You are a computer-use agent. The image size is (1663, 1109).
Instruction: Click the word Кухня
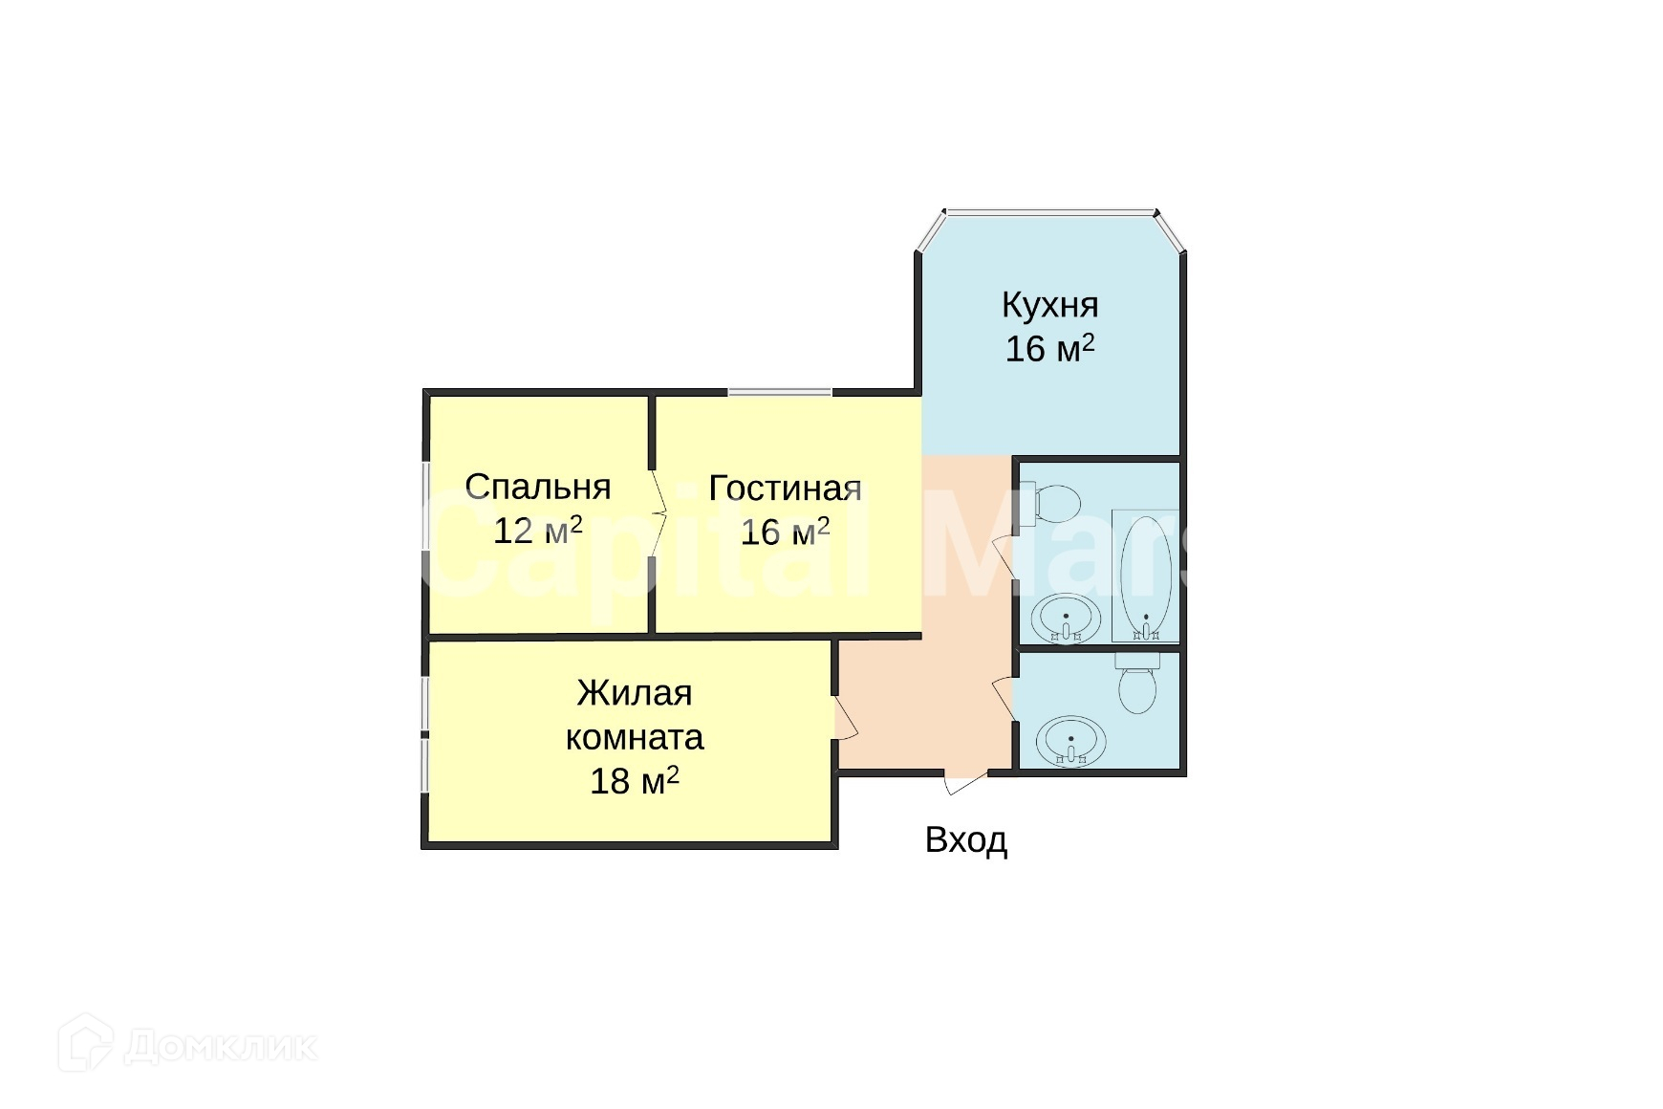(1049, 305)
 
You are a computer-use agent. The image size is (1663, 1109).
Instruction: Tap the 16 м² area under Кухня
(1049, 349)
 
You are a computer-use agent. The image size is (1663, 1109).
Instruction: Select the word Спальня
(538, 488)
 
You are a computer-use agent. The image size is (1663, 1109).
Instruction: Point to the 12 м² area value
(538, 531)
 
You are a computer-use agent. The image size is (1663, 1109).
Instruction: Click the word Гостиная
(785, 488)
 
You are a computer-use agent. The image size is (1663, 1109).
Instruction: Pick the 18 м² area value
(635, 781)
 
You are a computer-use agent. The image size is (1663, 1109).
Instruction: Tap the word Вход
(966, 840)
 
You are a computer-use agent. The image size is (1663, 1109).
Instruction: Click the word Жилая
(635, 692)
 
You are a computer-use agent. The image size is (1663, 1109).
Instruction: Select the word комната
(635, 737)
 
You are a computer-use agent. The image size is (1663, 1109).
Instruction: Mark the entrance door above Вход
(965, 781)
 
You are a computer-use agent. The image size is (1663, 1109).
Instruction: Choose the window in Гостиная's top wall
(780, 392)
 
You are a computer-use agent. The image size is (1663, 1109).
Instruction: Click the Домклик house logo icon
(85, 1043)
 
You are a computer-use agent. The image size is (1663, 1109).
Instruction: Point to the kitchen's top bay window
(1050, 211)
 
